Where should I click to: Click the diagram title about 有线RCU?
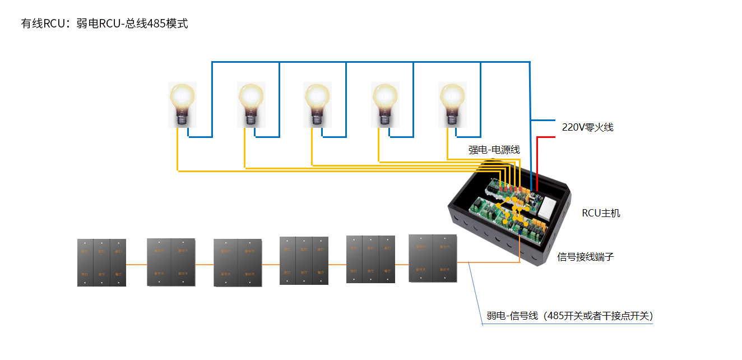click(x=104, y=24)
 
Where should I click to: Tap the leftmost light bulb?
click(x=183, y=104)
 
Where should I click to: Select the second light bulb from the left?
click(x=251, y=104)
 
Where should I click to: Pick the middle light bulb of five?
click(x=317, y=104)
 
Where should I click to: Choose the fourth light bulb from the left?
click(x=385, y=104)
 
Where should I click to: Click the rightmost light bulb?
click(x=452, y=104)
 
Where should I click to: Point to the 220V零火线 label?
click(x=587, y=127)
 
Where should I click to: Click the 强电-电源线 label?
click(x=494, y=150)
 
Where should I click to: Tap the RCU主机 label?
click(x=601, y=213)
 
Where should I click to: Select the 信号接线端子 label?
click(x=586, y=257)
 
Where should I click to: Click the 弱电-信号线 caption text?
click(x=569, y=316)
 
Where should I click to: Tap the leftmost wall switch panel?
click(x=101, y=263)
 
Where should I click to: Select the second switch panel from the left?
click(x=171, y=262)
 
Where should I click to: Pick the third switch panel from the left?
click(x=238, y=263)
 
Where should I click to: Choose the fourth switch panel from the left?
click(x=304, y=261)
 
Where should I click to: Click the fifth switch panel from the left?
click(x=370, y=259)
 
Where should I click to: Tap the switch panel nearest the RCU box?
click(x=433, y=258)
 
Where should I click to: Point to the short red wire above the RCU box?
click(x=538, y=163)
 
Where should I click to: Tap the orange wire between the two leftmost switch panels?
click(x=136, y=264)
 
